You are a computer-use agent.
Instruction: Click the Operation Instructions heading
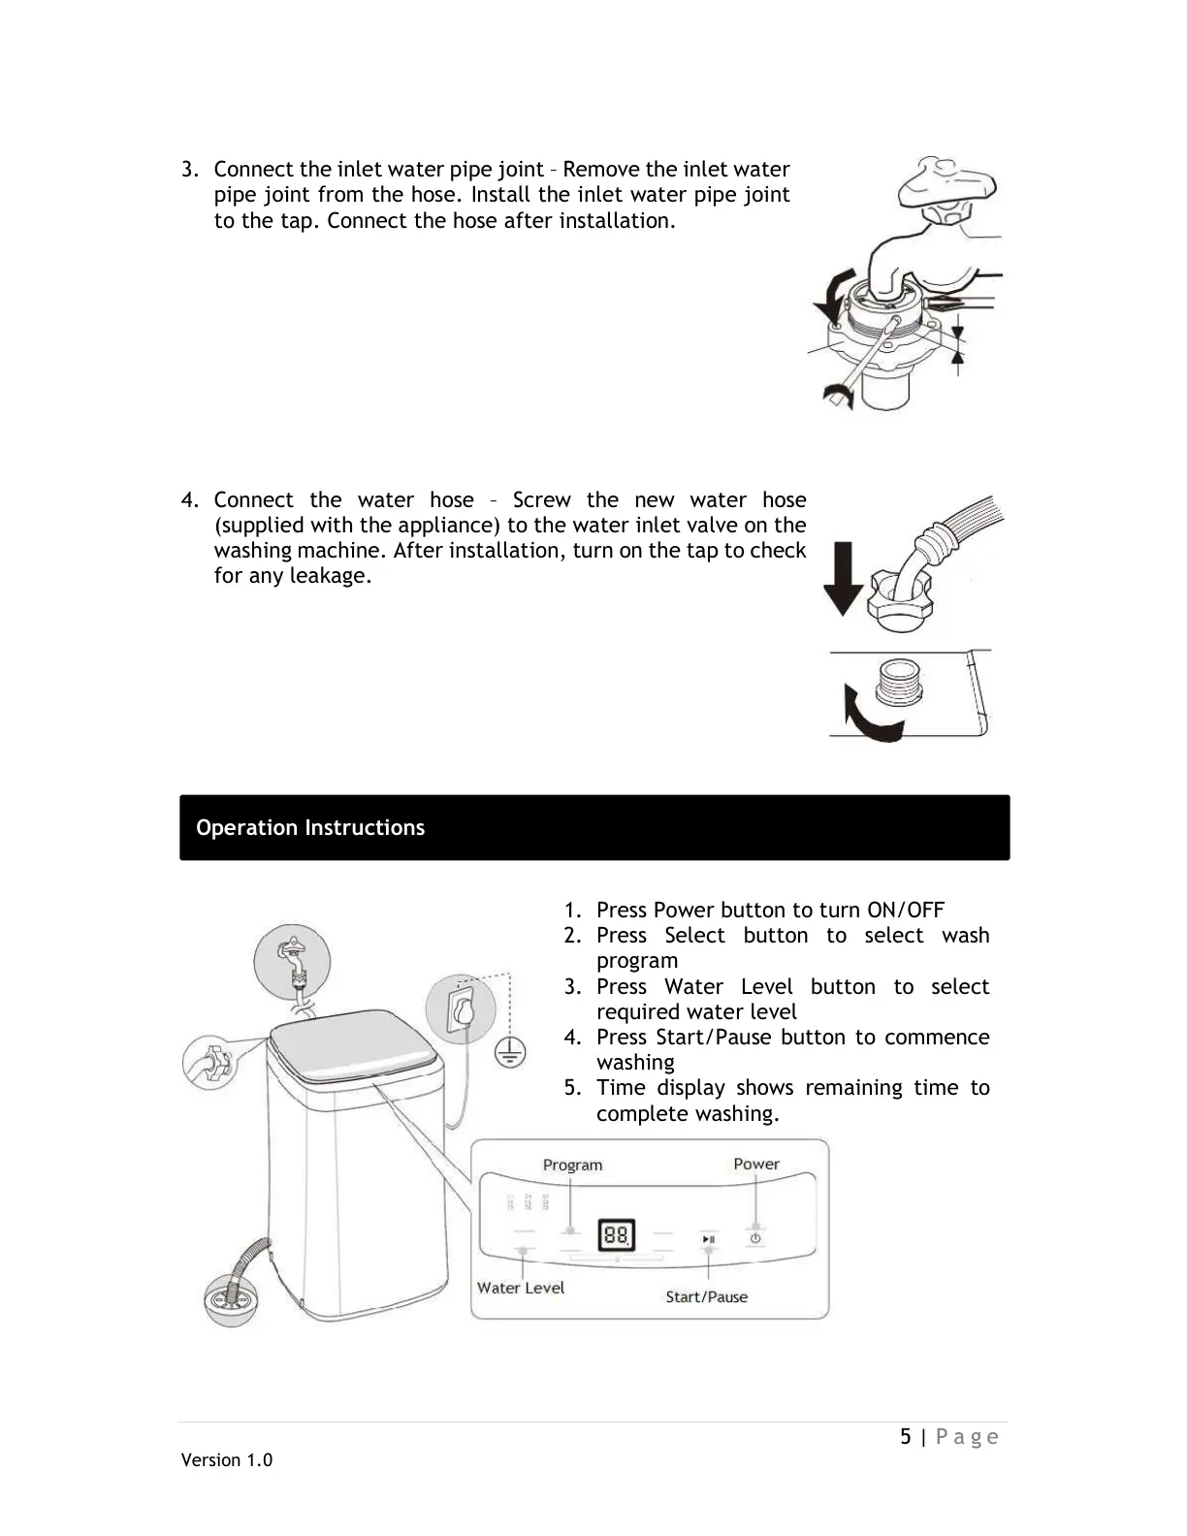pos(310,827)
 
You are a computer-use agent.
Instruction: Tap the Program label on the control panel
pos(572,1165)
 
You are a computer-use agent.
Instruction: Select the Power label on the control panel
pos(756,1164)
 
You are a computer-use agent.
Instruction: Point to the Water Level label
pos(521,1288)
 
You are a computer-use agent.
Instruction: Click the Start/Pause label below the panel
pos(706,1296)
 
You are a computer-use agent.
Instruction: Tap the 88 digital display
pos(616,1234)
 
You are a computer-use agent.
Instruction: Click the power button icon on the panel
pos(755,1238)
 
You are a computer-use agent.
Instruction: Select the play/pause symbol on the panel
pos(709,1239)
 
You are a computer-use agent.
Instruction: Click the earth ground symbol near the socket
pos(510,1052)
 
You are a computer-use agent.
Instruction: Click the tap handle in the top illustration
pos(946,184)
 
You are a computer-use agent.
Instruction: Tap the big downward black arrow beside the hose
pos(843,578)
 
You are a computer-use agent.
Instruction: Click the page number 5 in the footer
pos(906,1436)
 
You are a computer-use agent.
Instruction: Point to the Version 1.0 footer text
pos(227,1460)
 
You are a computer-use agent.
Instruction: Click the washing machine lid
pos(353,1044)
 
